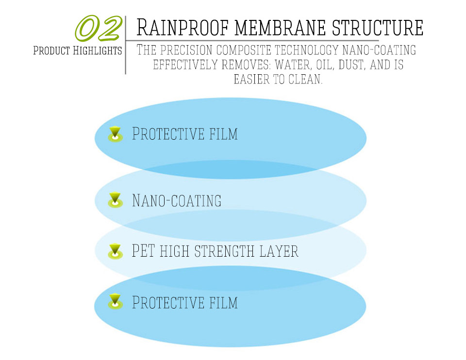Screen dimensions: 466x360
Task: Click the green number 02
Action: (x=99, y=28)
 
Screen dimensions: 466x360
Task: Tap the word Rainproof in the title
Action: (x=182, y=28)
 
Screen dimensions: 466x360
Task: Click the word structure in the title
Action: (x=378, y=28)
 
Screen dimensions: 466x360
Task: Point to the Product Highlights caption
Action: (x=78, y=50)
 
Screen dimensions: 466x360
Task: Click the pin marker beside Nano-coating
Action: (x=115, y=200)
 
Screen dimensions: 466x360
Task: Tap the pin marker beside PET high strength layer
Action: (x=115, y=251)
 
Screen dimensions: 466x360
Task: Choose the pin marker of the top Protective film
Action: (x=115, y=134)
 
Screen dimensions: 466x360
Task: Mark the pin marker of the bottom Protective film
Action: (x=115, y=301)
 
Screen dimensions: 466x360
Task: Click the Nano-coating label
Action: (x=177, y=200)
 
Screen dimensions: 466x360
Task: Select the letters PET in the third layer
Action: (x=143, y=250)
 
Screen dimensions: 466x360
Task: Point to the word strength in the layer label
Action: (x=225, y=251)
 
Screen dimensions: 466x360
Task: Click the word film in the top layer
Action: (x=223, y=133)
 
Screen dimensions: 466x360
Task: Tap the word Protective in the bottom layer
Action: (x=168, y=302)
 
